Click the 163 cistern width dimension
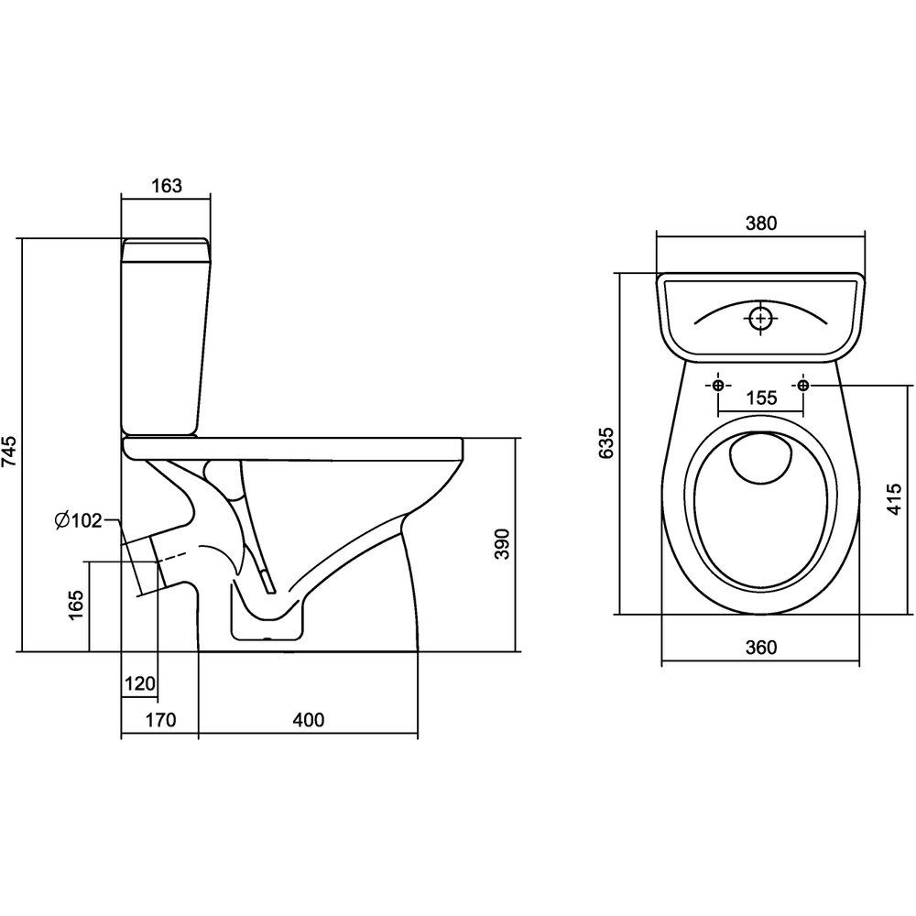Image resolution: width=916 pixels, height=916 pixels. [x=166, y=185]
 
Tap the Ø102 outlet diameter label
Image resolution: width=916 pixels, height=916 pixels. [x=78, y=521]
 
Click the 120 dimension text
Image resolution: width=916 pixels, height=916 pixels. [x=139, y=683]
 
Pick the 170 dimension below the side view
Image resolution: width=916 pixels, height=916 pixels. [x=159, y=720]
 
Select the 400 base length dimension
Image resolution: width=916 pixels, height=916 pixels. [x=308, y=720]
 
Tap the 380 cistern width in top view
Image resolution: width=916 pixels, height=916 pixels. [x=761, y=223]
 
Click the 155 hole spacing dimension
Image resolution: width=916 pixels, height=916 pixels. [x=761, y=398]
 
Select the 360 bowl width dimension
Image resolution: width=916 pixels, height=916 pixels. [x=761, y=649]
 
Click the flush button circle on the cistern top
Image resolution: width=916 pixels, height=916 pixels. [x=760, y=318]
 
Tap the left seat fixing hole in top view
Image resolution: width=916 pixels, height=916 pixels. [x=718, y=385]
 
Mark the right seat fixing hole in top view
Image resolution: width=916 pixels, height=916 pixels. [x=803, y=385]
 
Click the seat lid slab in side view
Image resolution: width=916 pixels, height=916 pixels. [x=293, y=447]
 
